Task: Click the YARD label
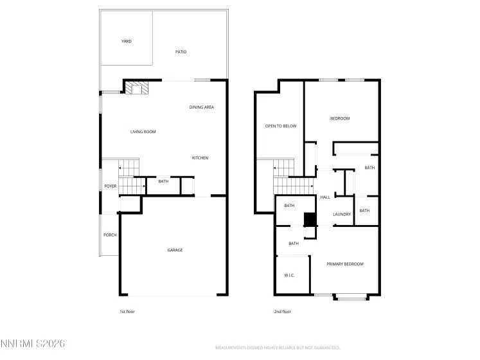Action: point(127,41)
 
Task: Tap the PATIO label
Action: point(181,51)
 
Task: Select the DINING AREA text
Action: point(201,107)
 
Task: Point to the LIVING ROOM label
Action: point(143,132)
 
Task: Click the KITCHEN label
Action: point(200,157)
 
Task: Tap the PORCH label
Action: point(110,235)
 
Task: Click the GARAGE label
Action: point(175,250)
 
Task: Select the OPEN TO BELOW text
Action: point(281,126)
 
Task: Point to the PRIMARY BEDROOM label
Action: point(344,264)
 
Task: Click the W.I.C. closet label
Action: point(289,275)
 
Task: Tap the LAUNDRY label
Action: point(342,214)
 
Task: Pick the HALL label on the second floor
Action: point(325,197)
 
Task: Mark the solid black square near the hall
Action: point(310,220)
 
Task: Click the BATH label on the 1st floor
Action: point(163,181)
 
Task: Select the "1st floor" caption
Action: point(127,311)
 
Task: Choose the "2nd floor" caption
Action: point(283,311)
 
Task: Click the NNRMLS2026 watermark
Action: point(33,345)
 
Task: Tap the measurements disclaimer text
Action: point(277,347)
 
